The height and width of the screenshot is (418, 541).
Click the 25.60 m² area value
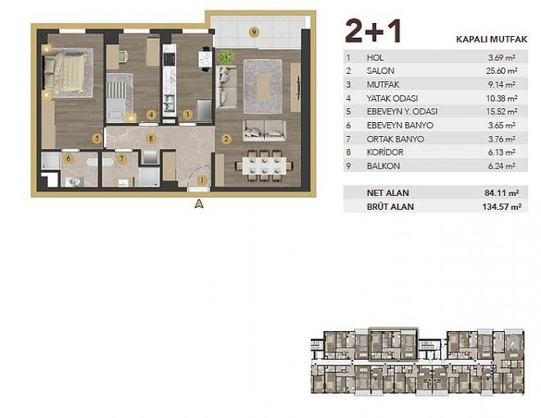click(499, 70)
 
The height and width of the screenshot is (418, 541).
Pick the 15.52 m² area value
click(499, 111)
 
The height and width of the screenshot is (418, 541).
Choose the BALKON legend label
click(384, 165)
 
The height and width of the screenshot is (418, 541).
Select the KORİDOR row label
click(385, 152)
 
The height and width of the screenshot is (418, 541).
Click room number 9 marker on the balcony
click(254, 32)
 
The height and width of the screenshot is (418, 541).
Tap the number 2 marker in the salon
click(226, 138)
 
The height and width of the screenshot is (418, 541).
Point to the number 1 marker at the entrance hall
click(202, 179)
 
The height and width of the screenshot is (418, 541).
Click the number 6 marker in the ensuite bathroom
click(69, 158)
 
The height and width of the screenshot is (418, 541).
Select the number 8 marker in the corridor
click(150, 138)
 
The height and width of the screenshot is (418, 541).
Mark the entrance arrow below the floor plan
click(198, 206)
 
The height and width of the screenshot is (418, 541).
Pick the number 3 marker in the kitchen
click(188, 115)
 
